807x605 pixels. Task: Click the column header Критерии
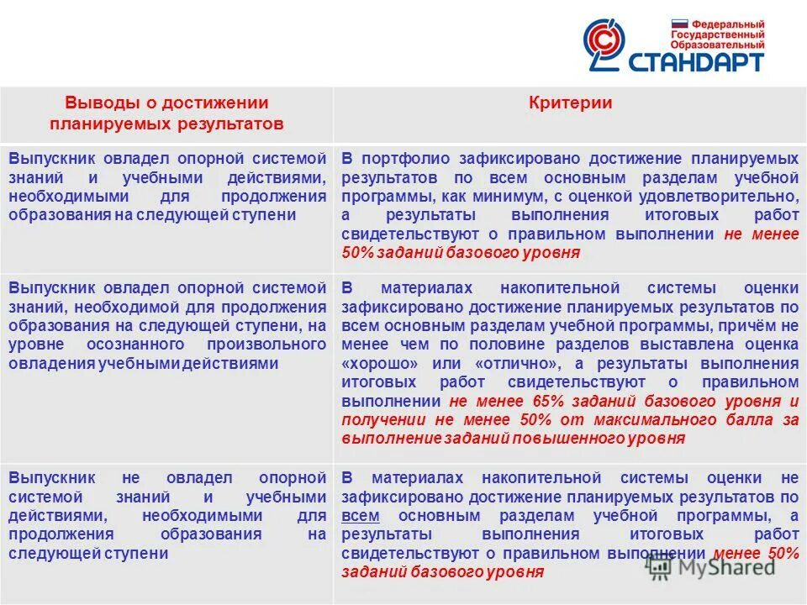pos(570,103)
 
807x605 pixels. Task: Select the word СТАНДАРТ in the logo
pos(699,61)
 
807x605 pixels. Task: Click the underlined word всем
pos(361,515)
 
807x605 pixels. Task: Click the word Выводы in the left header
pos(93,103)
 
